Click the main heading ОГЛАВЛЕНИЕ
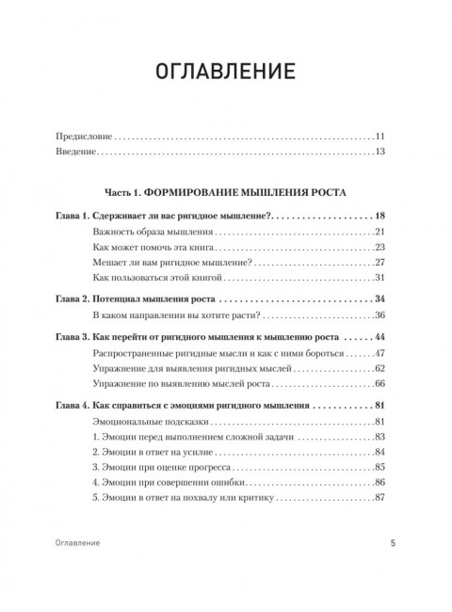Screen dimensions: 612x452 tap(225, 72)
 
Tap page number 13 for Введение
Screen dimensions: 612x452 tap(380, 151)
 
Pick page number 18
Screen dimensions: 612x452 tap(380, 215)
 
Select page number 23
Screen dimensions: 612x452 tap(380, 248)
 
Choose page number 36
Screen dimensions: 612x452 tap(380, 315)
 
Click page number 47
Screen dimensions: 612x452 tap(380, 353)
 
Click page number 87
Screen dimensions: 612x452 tap(380, 499)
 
